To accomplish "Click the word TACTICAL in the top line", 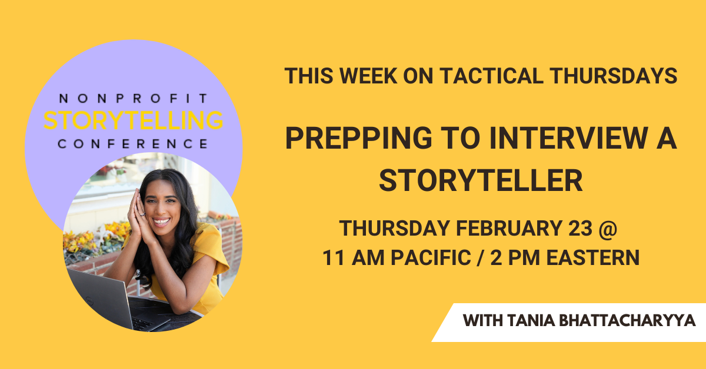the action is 491,76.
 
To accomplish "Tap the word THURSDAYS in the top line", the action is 614,76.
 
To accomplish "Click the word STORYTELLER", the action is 481,180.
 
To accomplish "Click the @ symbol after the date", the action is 608,229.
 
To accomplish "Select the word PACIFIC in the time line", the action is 431,257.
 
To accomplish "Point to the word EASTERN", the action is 593,257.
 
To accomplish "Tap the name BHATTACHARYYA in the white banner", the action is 627,320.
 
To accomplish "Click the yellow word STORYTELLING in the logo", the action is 134,120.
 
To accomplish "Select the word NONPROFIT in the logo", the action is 133,98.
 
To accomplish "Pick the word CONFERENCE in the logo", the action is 133,144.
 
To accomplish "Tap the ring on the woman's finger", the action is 142,214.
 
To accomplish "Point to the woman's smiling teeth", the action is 161,222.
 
